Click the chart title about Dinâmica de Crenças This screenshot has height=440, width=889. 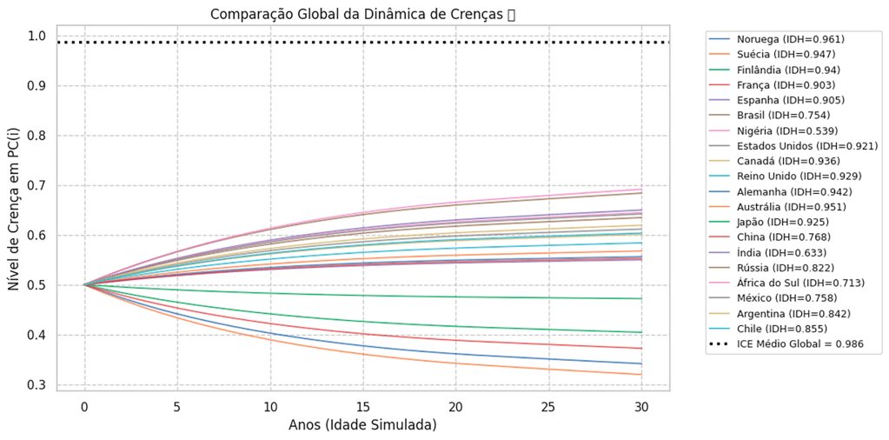tap(363, 14)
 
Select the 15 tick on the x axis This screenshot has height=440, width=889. tap(362, 406)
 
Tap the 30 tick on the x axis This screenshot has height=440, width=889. tap(640, 406)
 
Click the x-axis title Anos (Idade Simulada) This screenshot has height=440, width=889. tap(362, 425)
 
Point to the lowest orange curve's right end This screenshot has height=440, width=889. tap(640, 374)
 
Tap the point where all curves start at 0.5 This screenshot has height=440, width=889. tap(84, 284)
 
